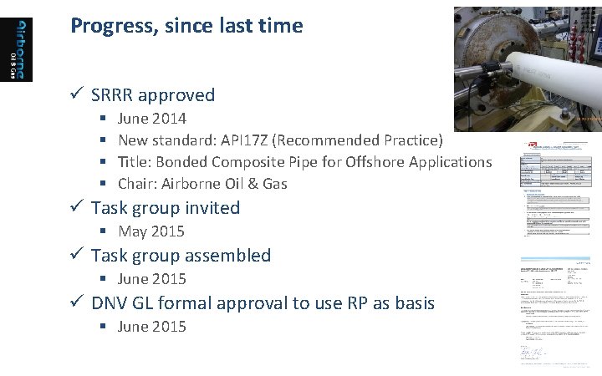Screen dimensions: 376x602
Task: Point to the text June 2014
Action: click(152, 119)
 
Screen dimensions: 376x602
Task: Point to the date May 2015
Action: click(151, 231)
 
